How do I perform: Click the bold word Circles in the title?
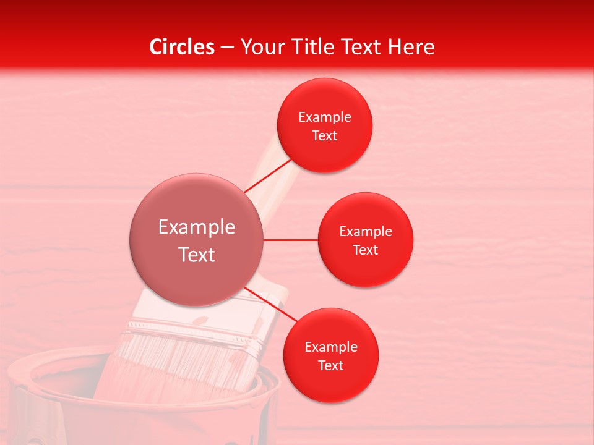(x=182, y=47)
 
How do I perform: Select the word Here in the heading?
(x=411, y=47)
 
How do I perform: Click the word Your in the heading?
(x=260, y=47)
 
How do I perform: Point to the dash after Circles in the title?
(x=227, y=48)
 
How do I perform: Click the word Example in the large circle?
(x=197, y=227)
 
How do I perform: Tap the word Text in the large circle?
(x=197, y=255)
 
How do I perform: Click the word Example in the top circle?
(x=325, y=117)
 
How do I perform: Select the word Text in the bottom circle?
(x=330, y=365)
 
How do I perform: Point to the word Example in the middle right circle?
(x=366, y=232)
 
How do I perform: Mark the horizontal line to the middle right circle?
(x=290, y=240)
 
